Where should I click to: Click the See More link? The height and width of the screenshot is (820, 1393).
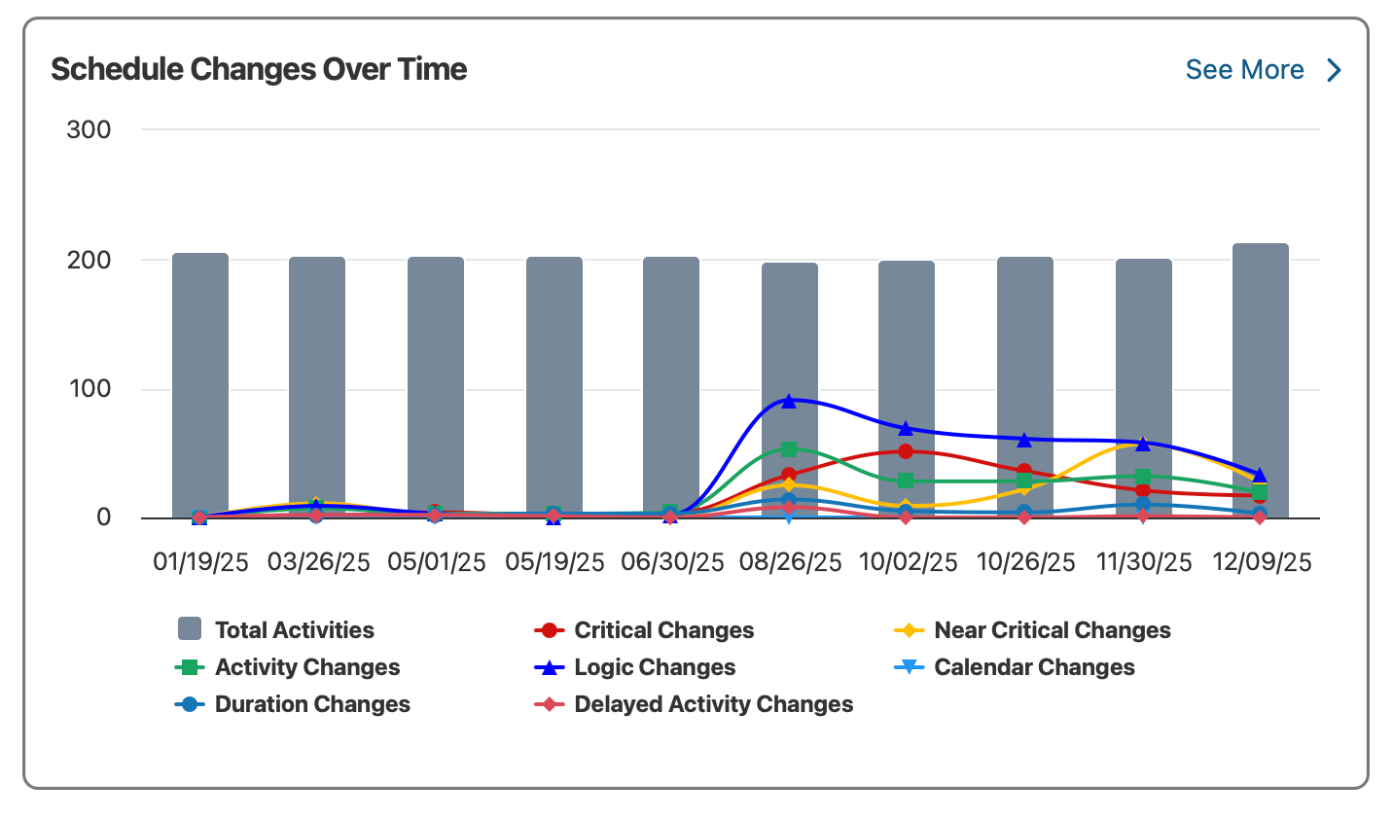click(x=1244, y=70)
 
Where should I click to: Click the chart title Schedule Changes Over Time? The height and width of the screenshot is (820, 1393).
click(x=259, y=69)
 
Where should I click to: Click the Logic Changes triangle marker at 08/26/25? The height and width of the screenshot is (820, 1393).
click(x=789, y=401)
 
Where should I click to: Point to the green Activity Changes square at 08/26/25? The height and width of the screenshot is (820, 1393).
click(x=789, y=449)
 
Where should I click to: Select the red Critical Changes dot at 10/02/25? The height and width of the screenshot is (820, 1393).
click(x=906, y=451)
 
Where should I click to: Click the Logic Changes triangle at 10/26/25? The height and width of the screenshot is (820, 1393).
click(x=1024, y=441)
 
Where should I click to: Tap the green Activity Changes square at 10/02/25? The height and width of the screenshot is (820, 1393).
click(x=906, y=481)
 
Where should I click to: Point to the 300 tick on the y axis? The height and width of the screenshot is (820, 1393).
click(x=89, y=129)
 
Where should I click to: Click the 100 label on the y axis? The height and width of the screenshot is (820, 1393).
click(x=89, y=389)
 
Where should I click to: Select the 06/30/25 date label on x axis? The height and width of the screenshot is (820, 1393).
click(x=672, y=562)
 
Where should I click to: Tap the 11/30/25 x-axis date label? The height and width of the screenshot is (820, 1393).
click(x=1143, y=562)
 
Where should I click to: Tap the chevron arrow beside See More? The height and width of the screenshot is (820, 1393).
click(x=1335, y=70)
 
